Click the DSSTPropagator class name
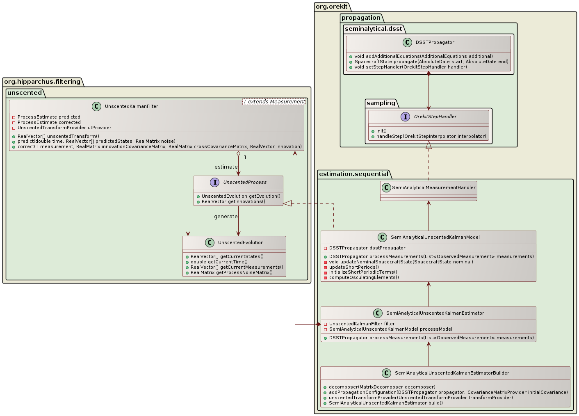click(435, 42)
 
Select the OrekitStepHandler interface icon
click(405, 117)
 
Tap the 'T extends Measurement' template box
click(274, 102)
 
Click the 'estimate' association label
click(226, 167)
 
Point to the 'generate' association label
click(226, 217)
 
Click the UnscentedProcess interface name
click(245, 182)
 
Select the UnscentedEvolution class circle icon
click(210, 242)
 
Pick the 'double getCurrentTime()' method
click(219, 262)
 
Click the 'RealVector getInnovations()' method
click(233, 201)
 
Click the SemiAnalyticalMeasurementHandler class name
click(433, 187)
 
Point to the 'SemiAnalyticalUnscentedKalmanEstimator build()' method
click(385, 403)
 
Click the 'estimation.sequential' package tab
click(353, 174)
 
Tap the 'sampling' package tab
click(381, 103)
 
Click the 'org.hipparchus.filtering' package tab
click(42, 82)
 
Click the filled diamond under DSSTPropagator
click(429, 74)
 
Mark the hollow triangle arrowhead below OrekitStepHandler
click(429, 145)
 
